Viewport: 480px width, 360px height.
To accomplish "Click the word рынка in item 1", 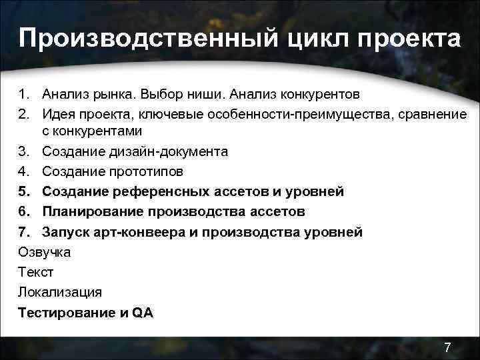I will coord(111,91).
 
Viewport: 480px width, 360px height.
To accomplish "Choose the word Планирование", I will coord(92,212).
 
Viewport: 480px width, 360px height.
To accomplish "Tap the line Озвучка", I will coord(44,252).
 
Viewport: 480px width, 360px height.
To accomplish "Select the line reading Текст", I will coord(35,272).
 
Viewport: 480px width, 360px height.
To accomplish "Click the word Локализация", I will coord(60,292).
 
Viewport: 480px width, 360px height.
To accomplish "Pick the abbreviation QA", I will coord(143,312).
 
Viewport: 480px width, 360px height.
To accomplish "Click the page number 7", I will coord(447,347).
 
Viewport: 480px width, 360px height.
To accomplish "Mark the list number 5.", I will coord(24,192).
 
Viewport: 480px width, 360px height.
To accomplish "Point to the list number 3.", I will coord(24,152).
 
